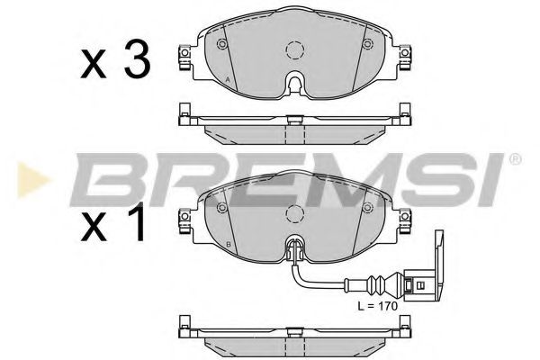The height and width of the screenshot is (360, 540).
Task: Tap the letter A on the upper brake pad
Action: (x=229, y=81)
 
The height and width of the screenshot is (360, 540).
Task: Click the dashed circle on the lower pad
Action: (x=293, y=214)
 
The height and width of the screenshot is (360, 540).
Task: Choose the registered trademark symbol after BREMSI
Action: (x=514, y=160)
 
